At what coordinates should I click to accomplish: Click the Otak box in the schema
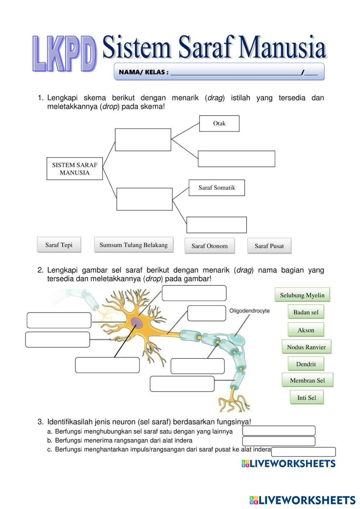click(x=219, y=123)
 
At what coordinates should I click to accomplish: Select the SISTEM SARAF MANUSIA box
click(x=75, y=168)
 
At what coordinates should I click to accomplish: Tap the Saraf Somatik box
click(x=217, y=188)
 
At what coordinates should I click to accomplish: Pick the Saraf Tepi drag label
click(x=59, y=245)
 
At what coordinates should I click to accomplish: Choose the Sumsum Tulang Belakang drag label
click(x=134, y=245)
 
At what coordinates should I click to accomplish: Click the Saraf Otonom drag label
click(x=210, y=246)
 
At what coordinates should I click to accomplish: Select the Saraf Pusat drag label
click(x=269, y=246)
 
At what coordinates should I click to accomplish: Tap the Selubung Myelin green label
click(x=302, y=295)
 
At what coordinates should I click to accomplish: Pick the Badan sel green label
click(x=306, y=312)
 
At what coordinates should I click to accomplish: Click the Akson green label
click(x=306, y=330)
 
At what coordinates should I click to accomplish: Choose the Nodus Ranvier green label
click(x=306, y=347)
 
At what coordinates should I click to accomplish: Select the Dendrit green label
click(x=306, y=364)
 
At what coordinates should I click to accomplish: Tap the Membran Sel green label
click(x=307, y=380)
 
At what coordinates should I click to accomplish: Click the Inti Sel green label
click(x=307, y=397)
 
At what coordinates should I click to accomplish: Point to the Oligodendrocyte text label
click(x=249, y=311)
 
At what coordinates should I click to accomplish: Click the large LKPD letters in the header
click(x=65, y=54)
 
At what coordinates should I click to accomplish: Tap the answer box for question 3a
click(x=279, y=431)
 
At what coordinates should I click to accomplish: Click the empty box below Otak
click(x=237, y=159)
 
